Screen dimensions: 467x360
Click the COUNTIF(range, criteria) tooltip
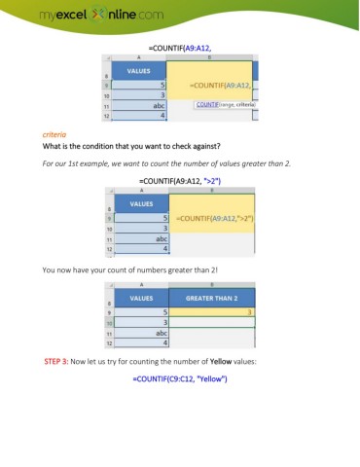point(230,103)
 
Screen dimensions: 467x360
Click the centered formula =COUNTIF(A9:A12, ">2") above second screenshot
point(180,181)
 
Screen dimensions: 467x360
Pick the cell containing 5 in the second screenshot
point(142,218)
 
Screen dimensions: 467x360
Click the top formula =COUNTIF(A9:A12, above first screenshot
point(180,46)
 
